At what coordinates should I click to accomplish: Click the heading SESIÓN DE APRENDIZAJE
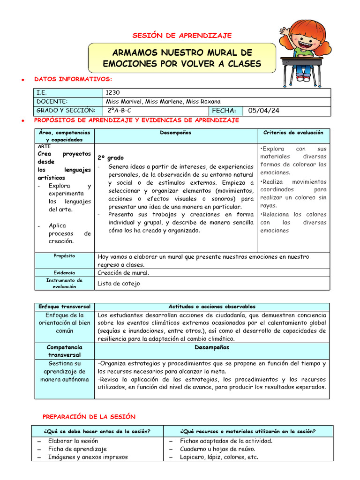coord(182,36)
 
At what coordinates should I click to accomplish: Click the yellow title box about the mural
coord(182,58)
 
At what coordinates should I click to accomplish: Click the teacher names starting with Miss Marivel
coord(163,102)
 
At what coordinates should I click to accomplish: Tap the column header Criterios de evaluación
coord(293,133)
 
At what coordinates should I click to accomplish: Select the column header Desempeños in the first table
coord(175,133)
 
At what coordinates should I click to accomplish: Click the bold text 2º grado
coord(111,158)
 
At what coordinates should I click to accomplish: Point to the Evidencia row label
coord(64,272)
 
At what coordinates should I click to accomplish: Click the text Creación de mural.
coord(123,272)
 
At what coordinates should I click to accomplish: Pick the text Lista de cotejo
coord(119,283)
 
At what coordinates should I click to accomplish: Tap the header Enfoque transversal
coord(64,306)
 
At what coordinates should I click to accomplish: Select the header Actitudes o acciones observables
coord(212,306)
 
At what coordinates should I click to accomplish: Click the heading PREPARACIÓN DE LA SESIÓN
coord(89,416)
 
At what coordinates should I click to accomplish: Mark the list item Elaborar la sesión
coord(74,441)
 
